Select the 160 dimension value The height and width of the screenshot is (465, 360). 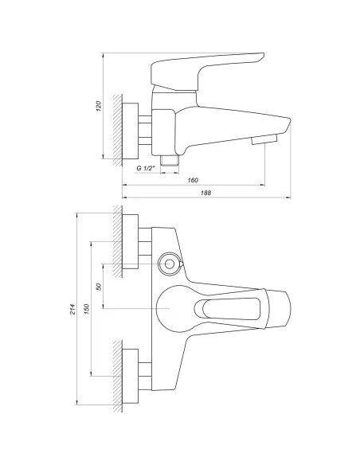click(194, 180)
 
